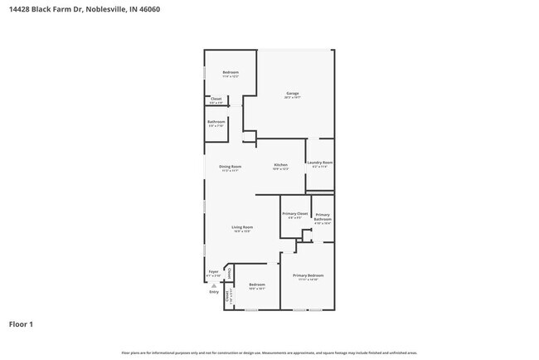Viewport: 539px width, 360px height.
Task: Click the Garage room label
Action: click(293, 93)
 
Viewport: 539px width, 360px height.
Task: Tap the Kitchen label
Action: click(281, 165)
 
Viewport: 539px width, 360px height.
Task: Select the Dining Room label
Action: click(230, 167)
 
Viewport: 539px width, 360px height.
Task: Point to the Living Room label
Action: click(241, 227)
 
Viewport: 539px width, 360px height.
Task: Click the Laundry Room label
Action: click(320, 163)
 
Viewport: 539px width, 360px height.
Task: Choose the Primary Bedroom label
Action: click(308, 275)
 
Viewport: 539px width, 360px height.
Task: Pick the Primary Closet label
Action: click(294, 214)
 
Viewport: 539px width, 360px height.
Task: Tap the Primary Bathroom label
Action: click(323, 217)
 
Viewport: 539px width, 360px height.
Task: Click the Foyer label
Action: click(213, 271)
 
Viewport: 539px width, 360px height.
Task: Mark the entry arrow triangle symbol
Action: click(214, 285)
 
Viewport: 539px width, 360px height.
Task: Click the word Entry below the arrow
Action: click(214, 292)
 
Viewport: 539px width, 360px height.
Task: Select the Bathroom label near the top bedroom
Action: click(216, 122)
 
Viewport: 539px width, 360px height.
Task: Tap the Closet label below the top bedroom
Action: click(216, 100)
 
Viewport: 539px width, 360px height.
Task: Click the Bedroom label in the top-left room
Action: click(231, 72)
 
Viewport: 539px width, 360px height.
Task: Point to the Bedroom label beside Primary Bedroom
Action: click(256, 285)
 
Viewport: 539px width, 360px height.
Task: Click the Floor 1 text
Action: click(22, 324)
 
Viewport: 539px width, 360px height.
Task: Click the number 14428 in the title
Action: click(20, 10)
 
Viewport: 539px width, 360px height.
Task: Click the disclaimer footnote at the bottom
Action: click(269, 353)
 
